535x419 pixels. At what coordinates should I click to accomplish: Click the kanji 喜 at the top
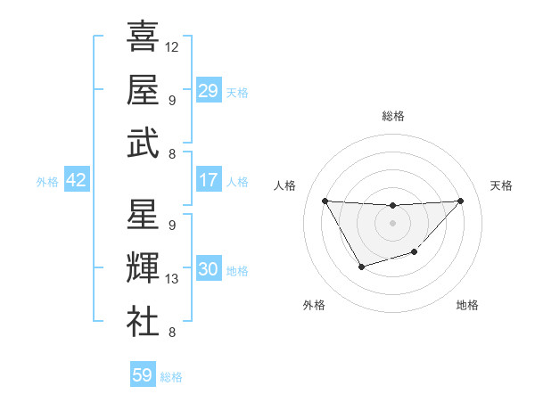[143, 37]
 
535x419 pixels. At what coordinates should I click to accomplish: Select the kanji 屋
[143, 89]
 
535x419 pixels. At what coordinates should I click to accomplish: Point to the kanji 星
[143, 215]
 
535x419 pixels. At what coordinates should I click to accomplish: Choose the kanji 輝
[143, 268]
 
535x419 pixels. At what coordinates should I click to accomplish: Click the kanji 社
[143, 321]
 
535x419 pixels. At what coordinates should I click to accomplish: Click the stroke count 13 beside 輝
[172, 279]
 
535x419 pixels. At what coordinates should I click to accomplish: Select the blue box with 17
[208, 180]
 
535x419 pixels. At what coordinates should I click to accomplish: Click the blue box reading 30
[208, 269]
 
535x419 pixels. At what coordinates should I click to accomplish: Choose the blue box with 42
[76, 180]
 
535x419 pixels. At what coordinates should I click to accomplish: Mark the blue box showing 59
[142, 375]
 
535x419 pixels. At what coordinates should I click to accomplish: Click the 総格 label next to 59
[172, 377]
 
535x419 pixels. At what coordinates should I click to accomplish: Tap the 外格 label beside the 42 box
[47, 182]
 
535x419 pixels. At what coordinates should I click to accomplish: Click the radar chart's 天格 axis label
[501, 185]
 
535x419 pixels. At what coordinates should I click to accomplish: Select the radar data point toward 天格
[460, 201]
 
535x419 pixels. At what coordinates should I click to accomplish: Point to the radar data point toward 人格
[325, 201]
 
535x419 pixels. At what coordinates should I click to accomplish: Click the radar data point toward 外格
[361, 267]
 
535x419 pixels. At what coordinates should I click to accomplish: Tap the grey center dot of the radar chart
[392, 222]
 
